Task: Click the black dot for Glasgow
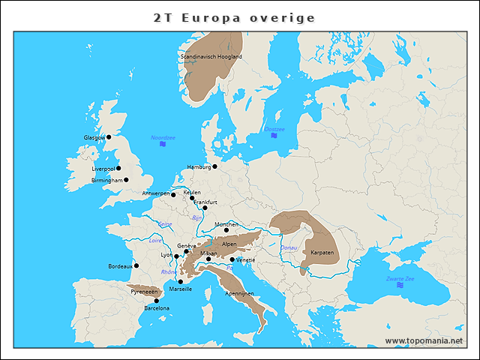coord(109,137)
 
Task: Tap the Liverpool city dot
coord(118,168)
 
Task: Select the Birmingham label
coord(106,180)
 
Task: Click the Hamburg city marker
coord(214,166)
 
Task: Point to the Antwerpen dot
coord(173,195)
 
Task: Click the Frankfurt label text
coord(205,202)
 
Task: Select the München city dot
coord(226,230)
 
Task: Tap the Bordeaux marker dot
coord(136,265)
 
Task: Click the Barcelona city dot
coord(156,301)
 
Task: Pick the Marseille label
coord(181,289)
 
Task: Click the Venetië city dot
coord(232,259)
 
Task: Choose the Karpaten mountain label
coord(322,253)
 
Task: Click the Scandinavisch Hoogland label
coord(211,56)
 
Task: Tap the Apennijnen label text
coord(239,292)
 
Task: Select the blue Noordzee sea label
coord(163,137)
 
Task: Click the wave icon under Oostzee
coord(274,136)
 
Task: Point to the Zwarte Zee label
coord(399,278)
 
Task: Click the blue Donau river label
coord(289,247)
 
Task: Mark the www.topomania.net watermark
coord(424,340)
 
